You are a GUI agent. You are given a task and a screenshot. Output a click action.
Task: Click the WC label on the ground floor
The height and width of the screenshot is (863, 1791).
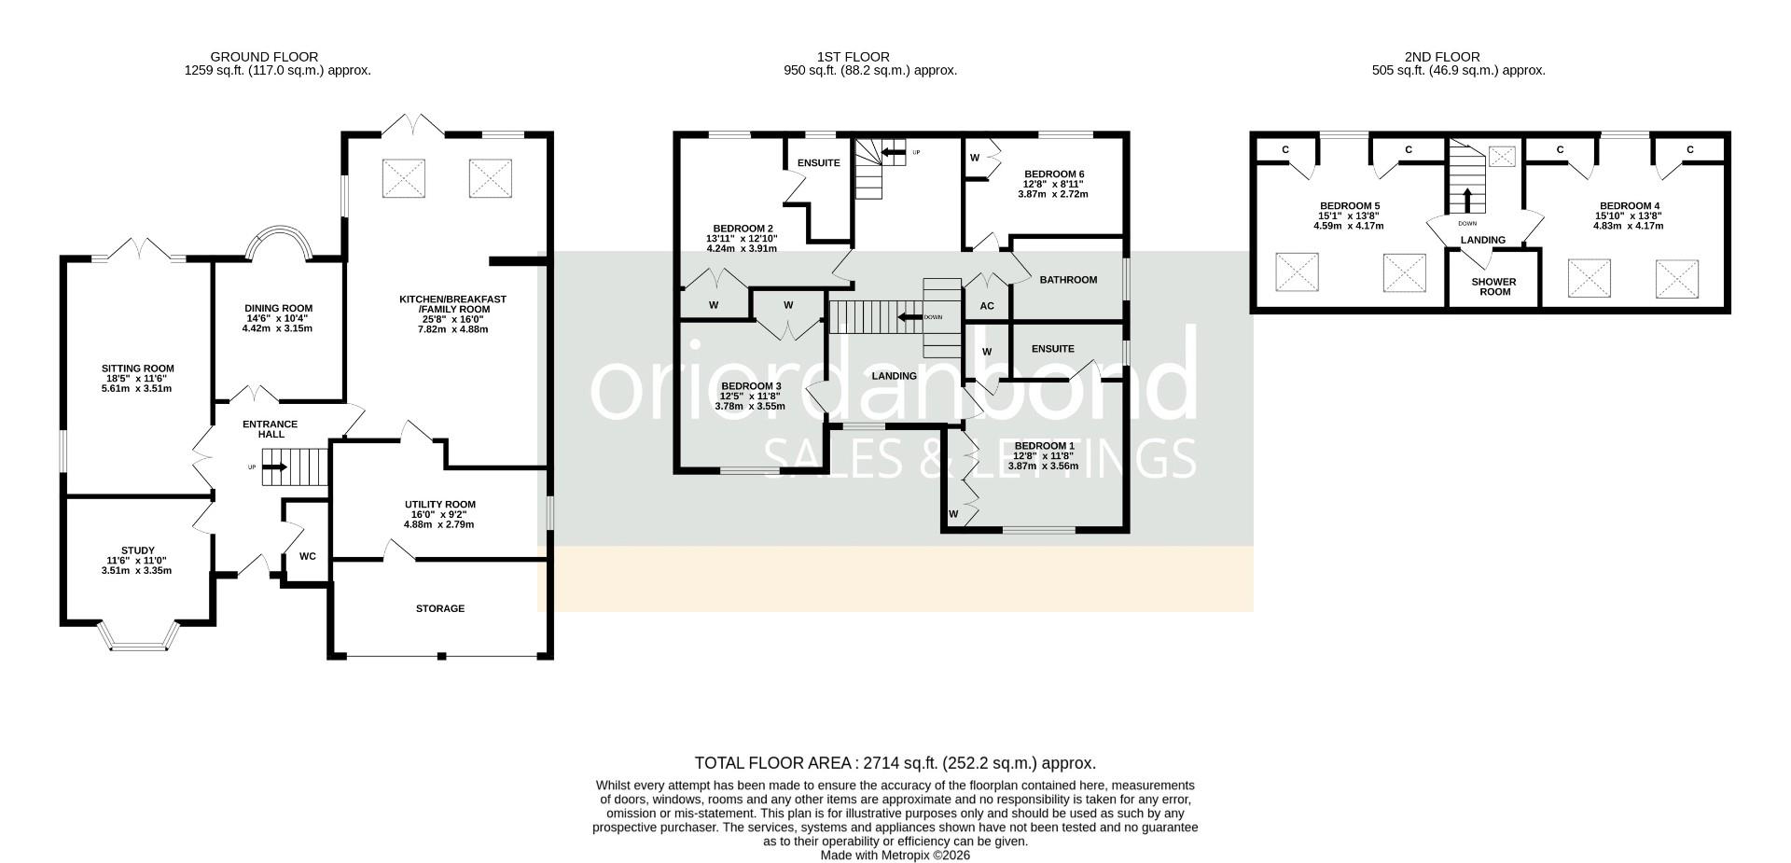[x=307, y=556]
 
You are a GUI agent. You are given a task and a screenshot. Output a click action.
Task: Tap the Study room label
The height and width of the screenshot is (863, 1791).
[x=137, y=550]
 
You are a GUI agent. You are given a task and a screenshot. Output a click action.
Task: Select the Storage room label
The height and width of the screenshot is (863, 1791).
[x=439, y=608]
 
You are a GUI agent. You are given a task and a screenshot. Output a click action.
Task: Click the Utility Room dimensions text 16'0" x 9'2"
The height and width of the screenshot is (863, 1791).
[x=438, y=514]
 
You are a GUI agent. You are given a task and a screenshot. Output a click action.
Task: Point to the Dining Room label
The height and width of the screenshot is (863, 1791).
[x=278, y=308]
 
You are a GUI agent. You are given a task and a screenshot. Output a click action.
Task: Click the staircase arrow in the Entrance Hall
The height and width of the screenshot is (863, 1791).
[x=275, y=466]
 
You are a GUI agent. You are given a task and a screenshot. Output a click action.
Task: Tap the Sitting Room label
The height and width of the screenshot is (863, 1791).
[x=138, y=369]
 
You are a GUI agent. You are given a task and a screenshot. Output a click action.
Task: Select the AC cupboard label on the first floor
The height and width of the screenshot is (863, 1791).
[x=987, y=306]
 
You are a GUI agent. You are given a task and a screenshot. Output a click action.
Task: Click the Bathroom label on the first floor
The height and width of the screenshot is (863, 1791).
[x=1068, y=279]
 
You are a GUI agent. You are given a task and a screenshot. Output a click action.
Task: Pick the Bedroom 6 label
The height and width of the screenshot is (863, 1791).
[x=1054, y=174]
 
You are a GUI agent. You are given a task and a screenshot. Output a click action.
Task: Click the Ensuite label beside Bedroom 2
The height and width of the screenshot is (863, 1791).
[x=818, y=162]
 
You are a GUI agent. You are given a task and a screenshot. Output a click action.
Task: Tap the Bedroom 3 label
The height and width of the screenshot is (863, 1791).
[x=751, y=386]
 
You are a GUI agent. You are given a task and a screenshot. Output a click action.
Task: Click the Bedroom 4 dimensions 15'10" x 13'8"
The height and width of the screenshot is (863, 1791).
[x=1629, y=216]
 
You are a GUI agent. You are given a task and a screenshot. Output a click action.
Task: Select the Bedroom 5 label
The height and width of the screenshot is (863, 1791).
[x=1349, y=205]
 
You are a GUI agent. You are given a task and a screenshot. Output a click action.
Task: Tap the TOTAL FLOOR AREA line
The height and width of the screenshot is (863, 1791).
[x=895, y=763]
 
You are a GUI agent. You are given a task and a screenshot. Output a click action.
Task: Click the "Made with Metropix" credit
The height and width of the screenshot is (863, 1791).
[x=895, y=855]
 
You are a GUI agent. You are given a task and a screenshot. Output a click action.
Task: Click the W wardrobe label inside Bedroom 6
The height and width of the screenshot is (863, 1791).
[x=974, y=157]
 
